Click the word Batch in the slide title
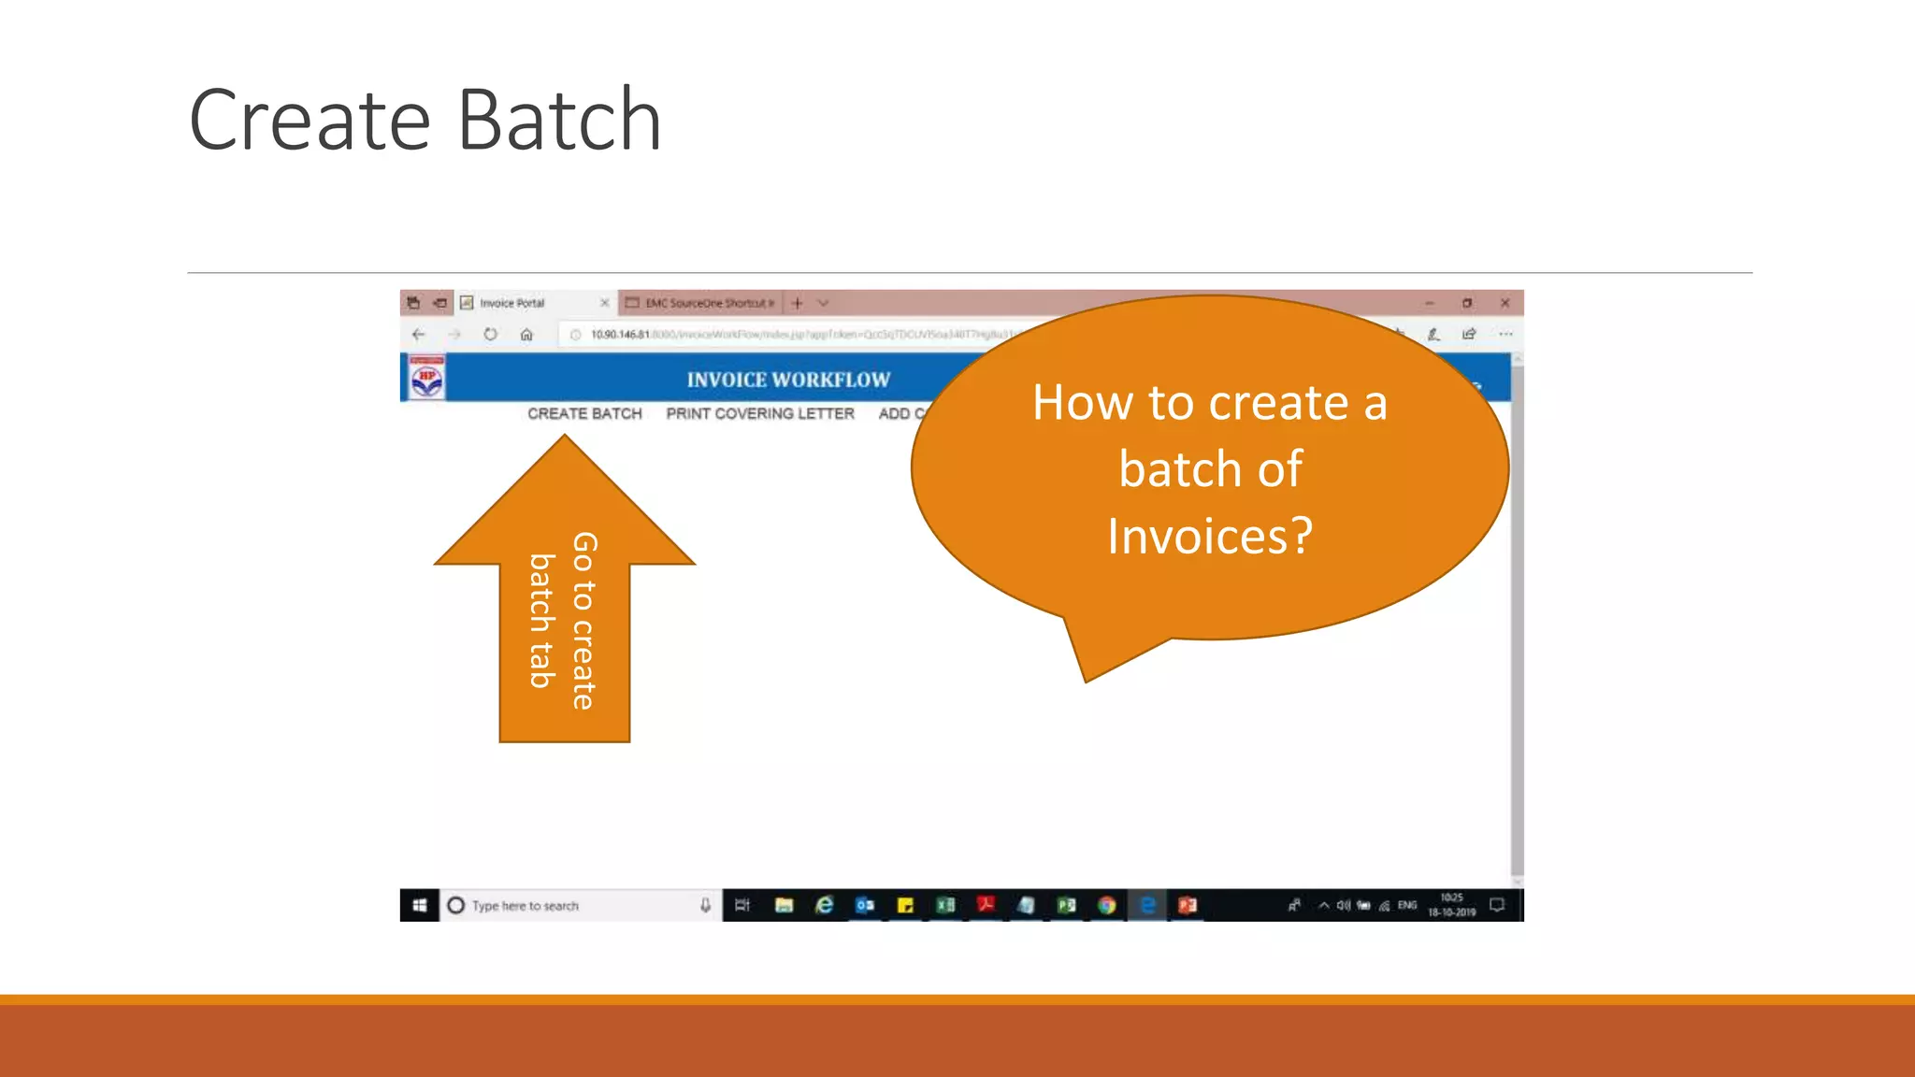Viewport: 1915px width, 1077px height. click(x=559, y=120)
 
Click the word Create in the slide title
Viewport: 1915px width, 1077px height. click(x=310, y=120)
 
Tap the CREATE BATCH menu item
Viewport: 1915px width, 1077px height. click(x=584, y=413)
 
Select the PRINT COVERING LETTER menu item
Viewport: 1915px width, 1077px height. click(x=759, y=413)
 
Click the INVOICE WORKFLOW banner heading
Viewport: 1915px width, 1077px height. click(x=788, y=380)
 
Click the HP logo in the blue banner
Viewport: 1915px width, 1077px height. click(x=427, y=379)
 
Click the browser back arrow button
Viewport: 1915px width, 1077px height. click(x=418, y=334)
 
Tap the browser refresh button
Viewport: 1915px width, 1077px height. click(x=490, y=334)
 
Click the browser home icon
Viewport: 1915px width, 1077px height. click(x=526, y=334)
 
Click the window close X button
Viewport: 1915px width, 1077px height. click(x=1505, y=303)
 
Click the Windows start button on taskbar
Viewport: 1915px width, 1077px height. click(x=420, y=905)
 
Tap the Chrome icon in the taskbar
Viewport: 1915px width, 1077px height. click(x=1107, y=905)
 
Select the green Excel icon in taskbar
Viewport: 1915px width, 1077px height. click(x=945, y=905)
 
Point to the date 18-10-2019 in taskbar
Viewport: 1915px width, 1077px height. click(x=1451, y=912)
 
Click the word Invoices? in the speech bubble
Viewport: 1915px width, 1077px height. click(x=1210, y=537)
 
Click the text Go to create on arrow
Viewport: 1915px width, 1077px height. click(x=583, y=621)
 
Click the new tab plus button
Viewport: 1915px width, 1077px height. click(x=797, y=303)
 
